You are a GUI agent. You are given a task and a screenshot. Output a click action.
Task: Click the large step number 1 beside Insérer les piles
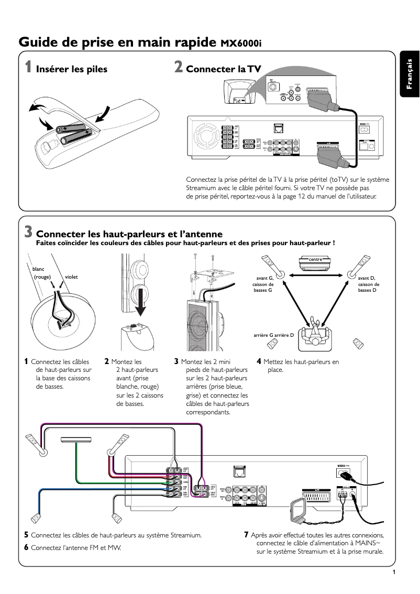29,68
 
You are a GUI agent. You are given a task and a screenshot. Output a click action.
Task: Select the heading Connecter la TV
223,69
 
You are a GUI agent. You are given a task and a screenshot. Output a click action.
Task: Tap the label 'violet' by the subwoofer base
71,277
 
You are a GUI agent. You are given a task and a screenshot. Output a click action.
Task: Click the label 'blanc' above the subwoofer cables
38,269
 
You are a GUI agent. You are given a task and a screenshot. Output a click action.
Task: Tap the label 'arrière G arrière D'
273,335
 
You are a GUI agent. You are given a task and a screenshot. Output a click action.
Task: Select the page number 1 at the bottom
393,572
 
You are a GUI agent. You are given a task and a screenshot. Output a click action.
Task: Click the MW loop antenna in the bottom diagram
298,509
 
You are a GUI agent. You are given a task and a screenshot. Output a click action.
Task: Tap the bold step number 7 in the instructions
246,535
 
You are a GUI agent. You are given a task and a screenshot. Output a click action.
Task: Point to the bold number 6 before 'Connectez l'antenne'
26,547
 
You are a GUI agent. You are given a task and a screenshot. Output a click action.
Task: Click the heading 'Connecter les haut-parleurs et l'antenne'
129,234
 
